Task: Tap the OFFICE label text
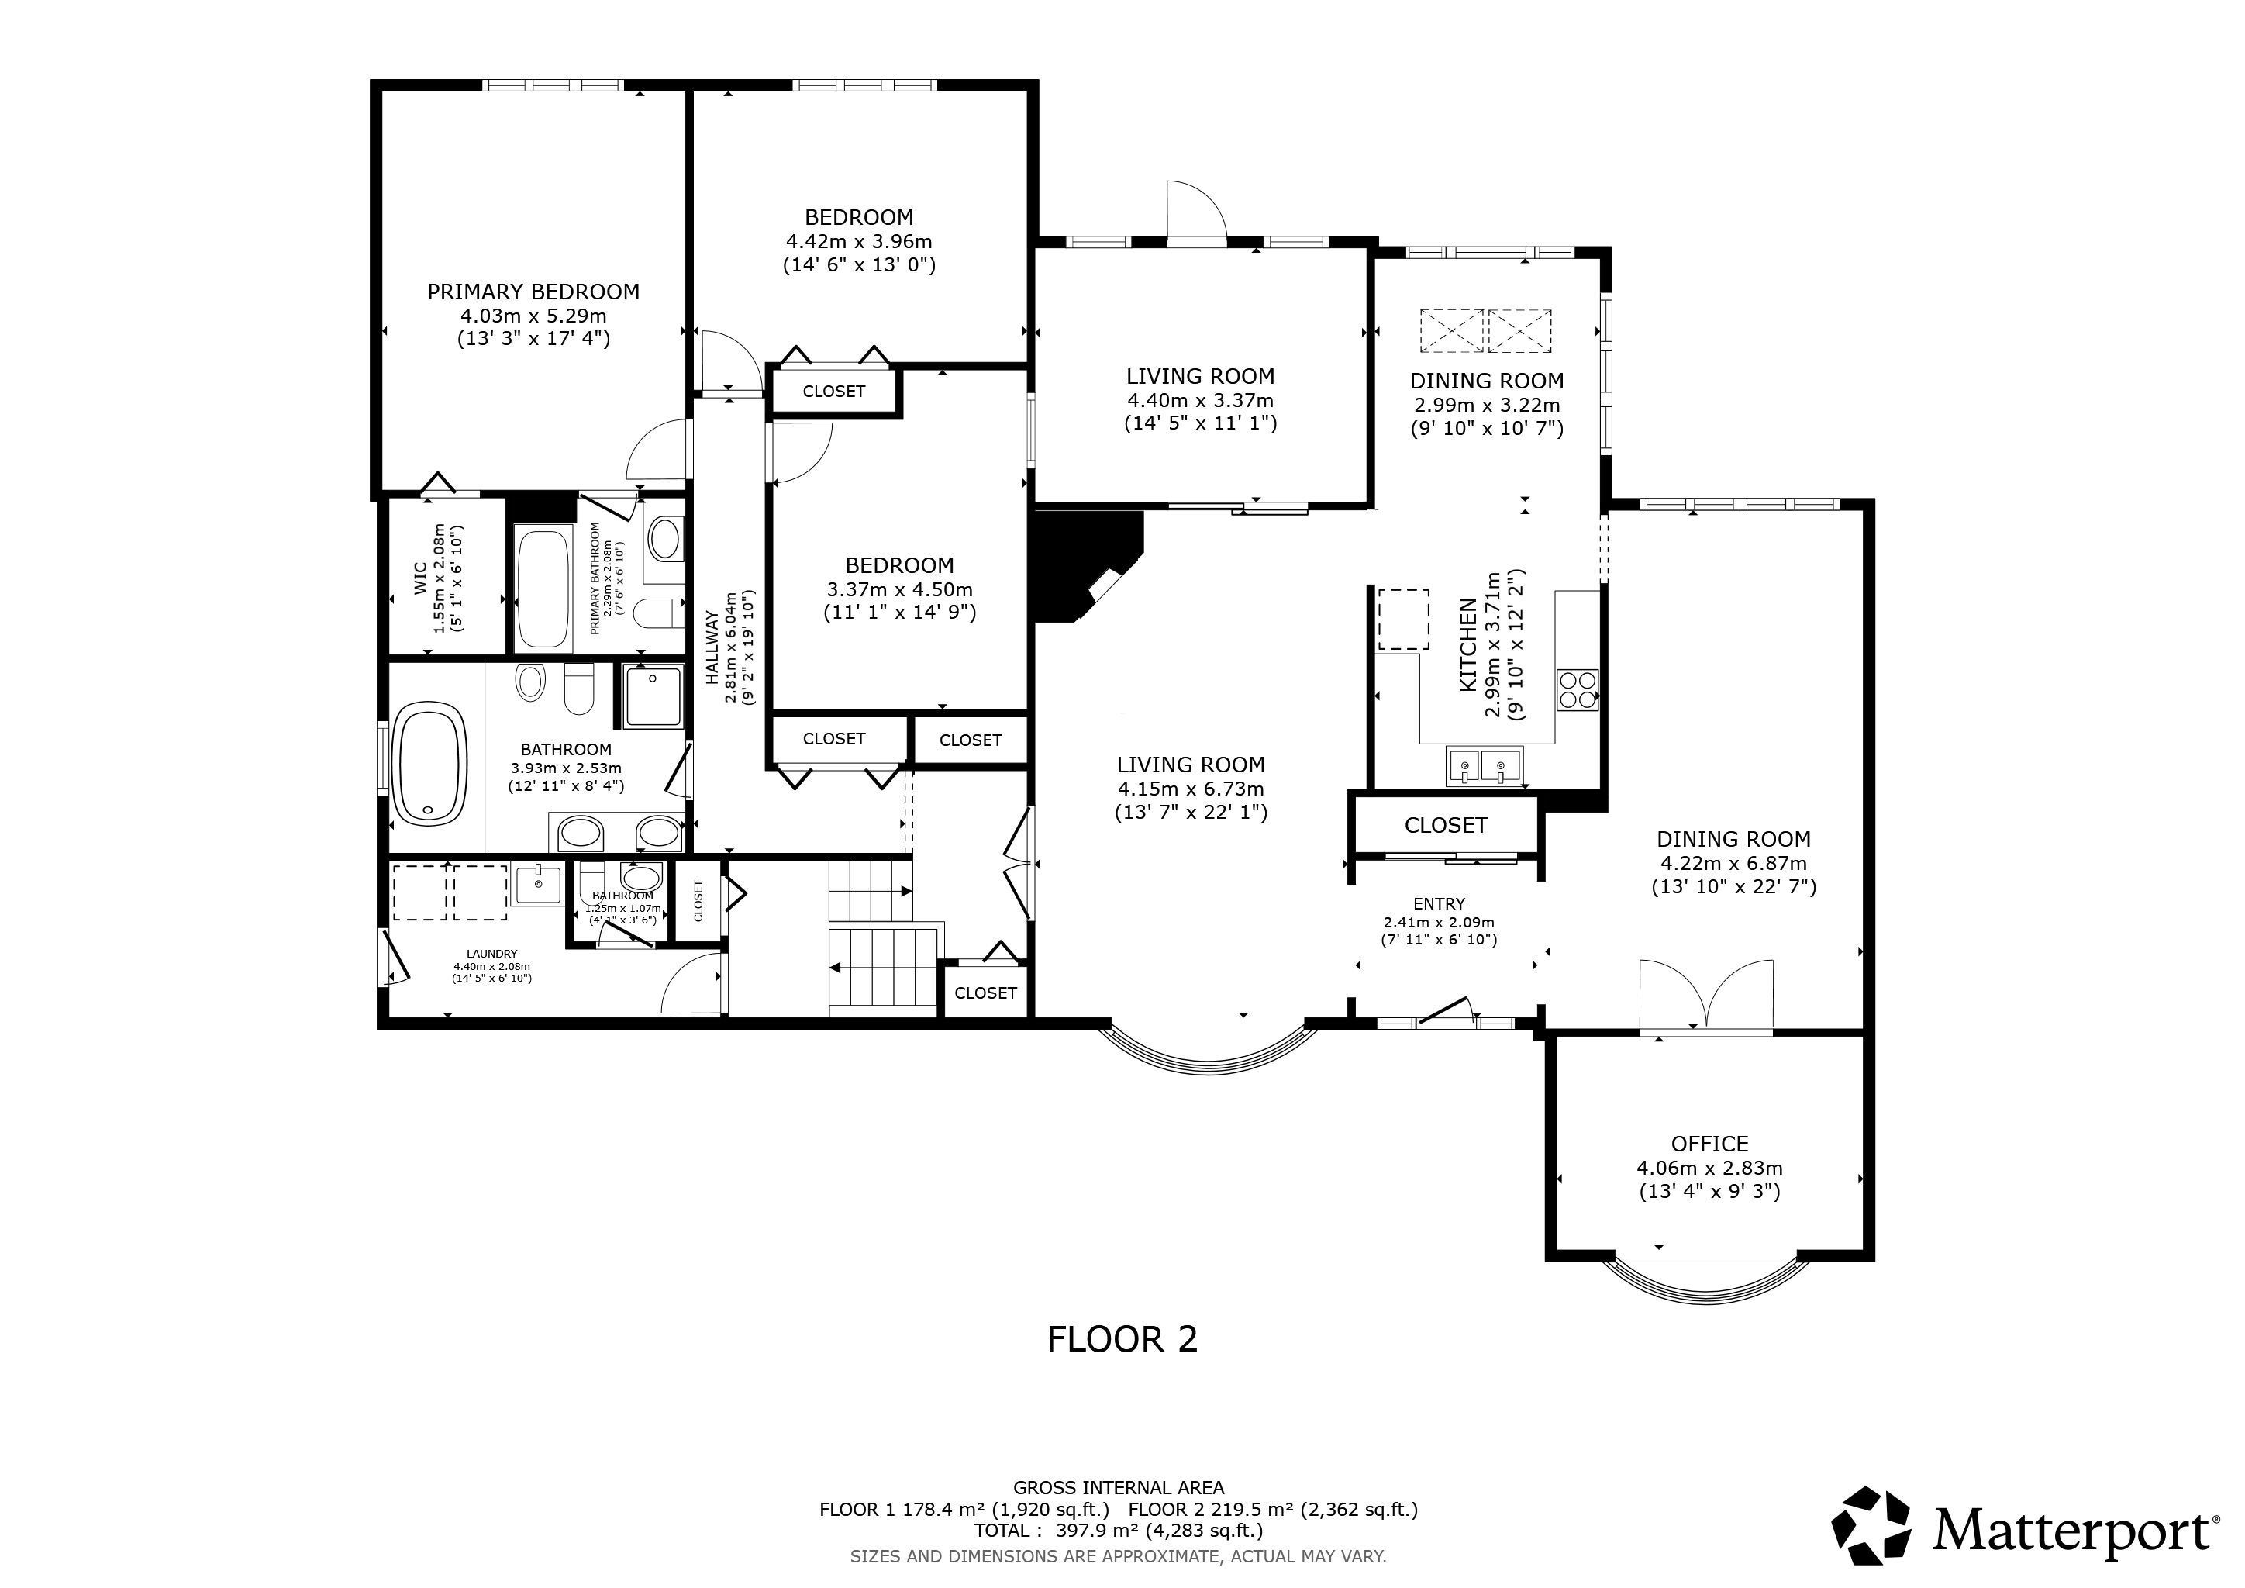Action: [x=1709, y=1144]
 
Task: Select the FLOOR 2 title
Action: [x=1122, y=1338]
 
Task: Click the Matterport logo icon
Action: [x=1871, y=1524]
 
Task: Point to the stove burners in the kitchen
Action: [x=1576, y=689]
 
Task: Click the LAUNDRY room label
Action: [x=491, y=954]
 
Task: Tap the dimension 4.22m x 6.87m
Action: [x=1733, y=864]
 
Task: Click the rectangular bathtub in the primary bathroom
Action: [x=543, y=589]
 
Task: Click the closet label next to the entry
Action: [x=1446, y=825]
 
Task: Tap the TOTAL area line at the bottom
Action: [x=1119, y=1531]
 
